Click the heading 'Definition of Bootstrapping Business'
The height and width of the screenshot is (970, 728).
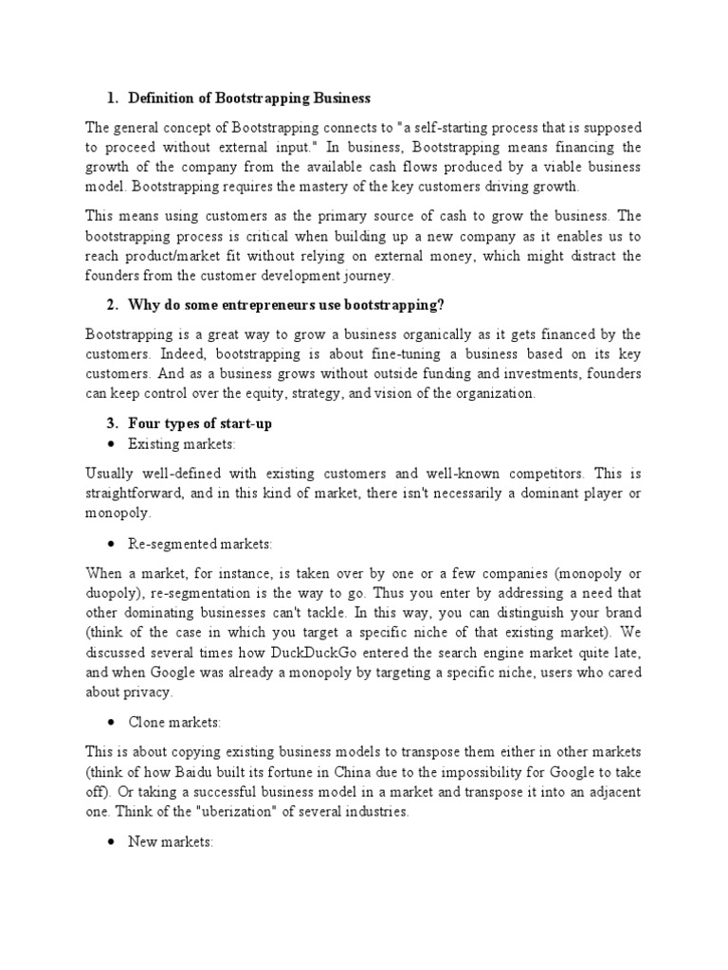click(x=249, y=99)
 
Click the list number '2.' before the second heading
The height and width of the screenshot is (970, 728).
click(x=112, y=305)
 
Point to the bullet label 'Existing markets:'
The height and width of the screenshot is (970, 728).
click(x=182, y=443)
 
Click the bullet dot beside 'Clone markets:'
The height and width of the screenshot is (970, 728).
click(x=112, y=723)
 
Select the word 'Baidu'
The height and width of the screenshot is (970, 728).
click(x=227, y=771)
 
